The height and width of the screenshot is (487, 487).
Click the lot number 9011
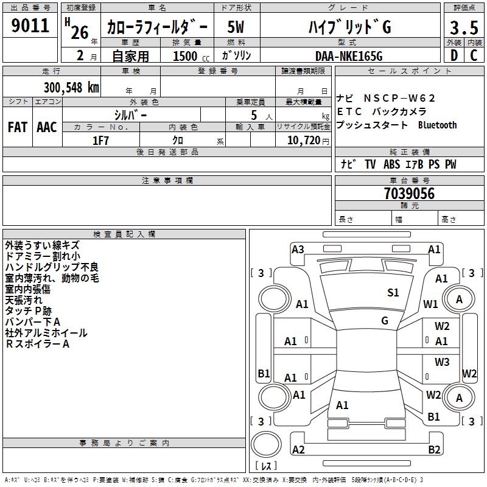click(x=30, y=26)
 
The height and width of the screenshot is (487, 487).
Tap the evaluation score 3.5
click(x=464, y=27)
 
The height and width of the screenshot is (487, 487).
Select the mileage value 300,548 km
click(x=71, y=87)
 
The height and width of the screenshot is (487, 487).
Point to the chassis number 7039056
click(x=409, y=194)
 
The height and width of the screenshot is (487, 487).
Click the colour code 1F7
click(x=100, y=140)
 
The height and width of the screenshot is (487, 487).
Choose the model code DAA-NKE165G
click(x=349, y=55)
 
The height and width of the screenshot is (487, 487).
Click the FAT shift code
click(x=17, y=127)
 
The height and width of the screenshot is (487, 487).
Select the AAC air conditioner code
click(x=47, y=127)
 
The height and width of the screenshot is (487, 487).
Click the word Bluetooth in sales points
click(x=437, y=125)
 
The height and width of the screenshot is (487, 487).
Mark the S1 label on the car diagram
click(x=393, y=293)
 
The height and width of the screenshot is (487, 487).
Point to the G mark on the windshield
click(x=385, y=321)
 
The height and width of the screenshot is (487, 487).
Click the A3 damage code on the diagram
click(x=298, y=249)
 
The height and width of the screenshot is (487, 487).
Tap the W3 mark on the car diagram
click(x=442, y=362)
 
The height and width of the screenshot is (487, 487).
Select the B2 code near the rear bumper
click(x=434, y=450)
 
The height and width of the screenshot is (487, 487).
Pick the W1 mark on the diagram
click(x=431, y=304)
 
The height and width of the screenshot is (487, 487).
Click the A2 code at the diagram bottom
click(x=298, y=450)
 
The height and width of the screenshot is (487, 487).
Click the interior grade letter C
click(x=474, y=55)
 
